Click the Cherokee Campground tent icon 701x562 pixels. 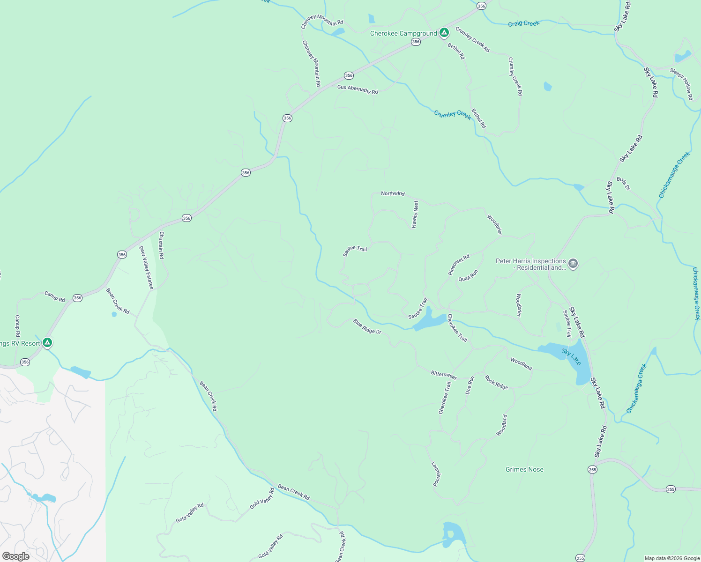444,33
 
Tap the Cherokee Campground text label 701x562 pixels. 403,34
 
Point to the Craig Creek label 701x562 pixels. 523,23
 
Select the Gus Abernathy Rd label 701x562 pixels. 358,89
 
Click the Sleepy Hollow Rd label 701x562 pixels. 682,84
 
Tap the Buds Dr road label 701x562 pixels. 623,184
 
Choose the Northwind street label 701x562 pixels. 393,193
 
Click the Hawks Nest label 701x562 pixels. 415,214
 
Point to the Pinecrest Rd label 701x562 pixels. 458,265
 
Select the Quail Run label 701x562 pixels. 468,275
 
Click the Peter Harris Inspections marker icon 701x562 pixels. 573,264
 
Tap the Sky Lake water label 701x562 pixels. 571,357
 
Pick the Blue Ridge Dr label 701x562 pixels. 367,326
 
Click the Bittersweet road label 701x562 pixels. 443,375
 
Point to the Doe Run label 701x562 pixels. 470,385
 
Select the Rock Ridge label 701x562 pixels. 496,383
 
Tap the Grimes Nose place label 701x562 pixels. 524,469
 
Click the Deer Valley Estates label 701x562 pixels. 147,267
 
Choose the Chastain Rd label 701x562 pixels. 162,245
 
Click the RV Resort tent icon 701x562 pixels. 47,343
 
